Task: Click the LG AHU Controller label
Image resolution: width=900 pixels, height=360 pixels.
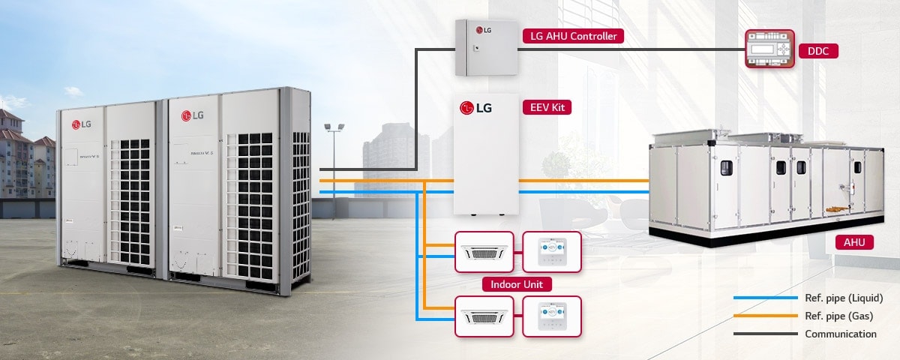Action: click(x=573, y=35)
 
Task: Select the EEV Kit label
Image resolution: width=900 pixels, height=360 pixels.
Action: click(x=547, y=108)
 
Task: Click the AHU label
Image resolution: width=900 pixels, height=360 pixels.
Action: click(x=853, y=241)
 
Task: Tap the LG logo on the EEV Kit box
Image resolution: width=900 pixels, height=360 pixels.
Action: click(x=476, y=108)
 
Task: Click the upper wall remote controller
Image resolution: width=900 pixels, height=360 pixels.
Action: click(x=551, y=252)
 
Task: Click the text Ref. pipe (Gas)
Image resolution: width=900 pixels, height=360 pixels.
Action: click(x=838, y=316)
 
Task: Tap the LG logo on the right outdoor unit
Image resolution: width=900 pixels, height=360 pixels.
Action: click(x=193, y=115)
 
